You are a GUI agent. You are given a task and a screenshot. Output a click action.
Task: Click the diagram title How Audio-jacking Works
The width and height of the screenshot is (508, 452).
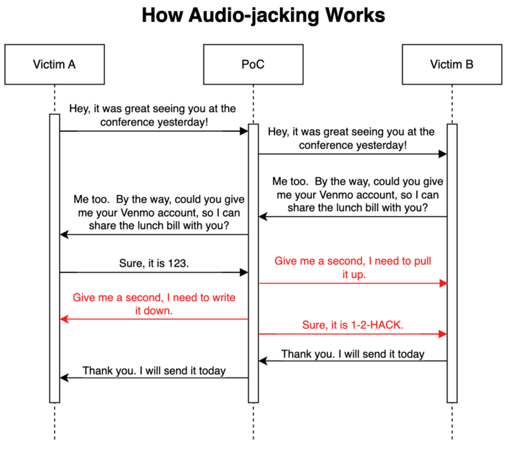pyautogui.click(x=253, y=16)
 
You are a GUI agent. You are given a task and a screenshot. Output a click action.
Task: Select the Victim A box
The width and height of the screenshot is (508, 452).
pyautogui.click(x=54, y=65)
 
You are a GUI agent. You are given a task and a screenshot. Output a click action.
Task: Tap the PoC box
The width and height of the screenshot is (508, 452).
pyautogui.click(x=253, y=65)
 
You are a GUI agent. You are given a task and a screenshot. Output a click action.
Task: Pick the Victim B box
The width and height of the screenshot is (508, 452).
pyautogui.click(x=451, y=65)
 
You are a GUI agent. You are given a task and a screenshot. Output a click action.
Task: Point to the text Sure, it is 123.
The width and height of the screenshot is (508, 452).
pyautogui.click(x=153, y=262)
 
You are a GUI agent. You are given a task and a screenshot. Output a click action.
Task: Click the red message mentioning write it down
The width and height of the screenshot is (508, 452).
pyautogui.click(x=153, y=304)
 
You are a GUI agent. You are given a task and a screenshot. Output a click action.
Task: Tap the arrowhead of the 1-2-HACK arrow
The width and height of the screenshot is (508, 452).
pyautogui.click(x=443, y=334)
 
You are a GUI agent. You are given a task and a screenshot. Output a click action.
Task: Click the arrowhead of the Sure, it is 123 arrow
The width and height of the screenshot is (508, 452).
pyautogui.click(x=244, y=273)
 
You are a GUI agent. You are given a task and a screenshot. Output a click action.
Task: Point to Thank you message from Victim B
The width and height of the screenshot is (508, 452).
pyautogui.click(x=352, y=354)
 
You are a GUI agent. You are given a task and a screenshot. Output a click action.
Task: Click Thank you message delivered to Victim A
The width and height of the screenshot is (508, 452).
pyautogui.click(x=154, y=371)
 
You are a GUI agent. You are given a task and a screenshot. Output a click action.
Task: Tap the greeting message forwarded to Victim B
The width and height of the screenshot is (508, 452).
pyautogui.click(x=351, y=138)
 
